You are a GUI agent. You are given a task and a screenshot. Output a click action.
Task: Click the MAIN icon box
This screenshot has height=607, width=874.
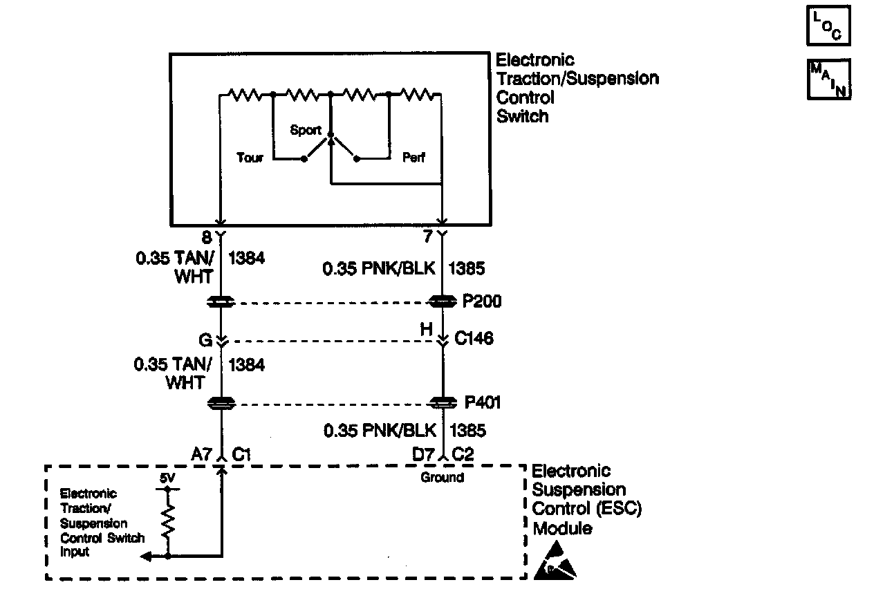[x=828, y=80]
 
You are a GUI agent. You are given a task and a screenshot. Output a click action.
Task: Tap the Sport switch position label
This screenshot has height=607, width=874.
[x=306, y=130]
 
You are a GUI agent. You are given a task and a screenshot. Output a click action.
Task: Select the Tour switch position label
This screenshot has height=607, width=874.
[x=250, y=158]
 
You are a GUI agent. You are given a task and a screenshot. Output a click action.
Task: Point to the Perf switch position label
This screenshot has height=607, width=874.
[x=413, y=158]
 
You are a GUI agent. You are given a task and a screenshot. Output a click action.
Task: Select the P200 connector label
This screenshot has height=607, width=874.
[x=482, y=302]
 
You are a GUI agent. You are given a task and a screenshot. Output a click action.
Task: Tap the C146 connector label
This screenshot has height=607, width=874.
[x=474, y=339]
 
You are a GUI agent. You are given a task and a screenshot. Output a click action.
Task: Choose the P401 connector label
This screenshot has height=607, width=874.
[x=482, y=402]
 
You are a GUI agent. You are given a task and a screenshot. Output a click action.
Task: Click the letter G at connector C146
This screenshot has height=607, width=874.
[x=205, y=339]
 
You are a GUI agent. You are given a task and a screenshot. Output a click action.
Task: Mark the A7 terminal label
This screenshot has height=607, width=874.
[x=201, y=454]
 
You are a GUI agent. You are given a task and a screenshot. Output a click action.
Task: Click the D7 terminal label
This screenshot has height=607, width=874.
[x=423, y=454]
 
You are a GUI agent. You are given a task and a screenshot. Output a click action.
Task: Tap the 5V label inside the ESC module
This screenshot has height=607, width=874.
[x=167, y=478]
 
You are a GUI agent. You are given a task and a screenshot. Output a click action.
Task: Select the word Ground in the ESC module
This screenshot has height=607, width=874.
[x=442, y=478]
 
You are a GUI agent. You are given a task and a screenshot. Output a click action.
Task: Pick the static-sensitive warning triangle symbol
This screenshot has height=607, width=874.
[x=555, y=561]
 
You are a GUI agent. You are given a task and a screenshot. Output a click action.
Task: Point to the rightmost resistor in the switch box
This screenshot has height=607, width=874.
[x=419, y=93]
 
